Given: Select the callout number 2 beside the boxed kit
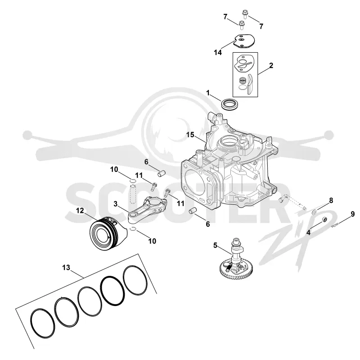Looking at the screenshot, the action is point(271,65).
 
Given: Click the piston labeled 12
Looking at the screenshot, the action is point(108,233).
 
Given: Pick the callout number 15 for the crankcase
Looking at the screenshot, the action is point(190,135).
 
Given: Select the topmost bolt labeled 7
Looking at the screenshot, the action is point(245,14).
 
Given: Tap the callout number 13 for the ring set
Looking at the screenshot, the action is point(66,267).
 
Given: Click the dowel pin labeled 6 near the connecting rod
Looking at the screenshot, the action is point(161,173).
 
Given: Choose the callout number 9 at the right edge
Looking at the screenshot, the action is point(352,214).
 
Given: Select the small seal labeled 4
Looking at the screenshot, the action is point(324,220).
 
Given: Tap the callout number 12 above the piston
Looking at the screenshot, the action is point(80,211).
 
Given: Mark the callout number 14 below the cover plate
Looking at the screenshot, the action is point(218,53).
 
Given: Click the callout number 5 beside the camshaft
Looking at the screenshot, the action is point(215,245).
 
